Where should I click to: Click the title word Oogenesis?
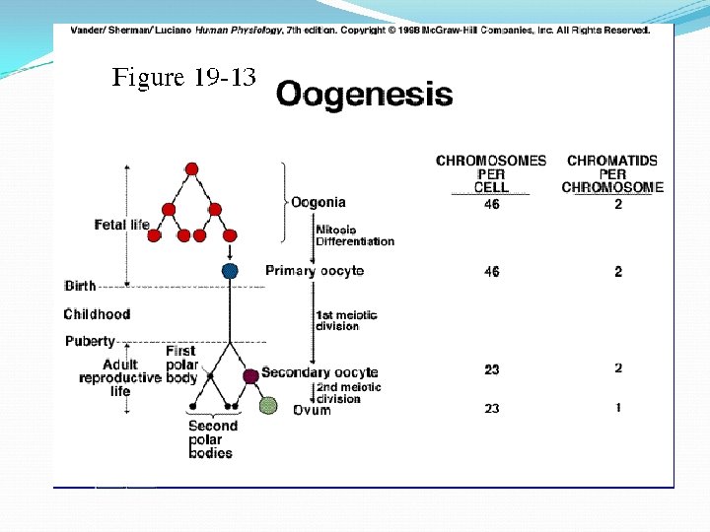(364, 96)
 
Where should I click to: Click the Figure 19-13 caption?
(183, 78)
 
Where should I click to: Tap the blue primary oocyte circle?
(230, 271)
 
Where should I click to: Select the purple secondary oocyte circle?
(250, 375)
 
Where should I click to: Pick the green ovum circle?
(268, 405)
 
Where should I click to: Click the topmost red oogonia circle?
(191, 168)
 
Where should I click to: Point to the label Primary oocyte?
(315, 271)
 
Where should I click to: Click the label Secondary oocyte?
(319, 372)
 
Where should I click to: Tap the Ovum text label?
(312, 410)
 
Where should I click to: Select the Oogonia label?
(319, 203)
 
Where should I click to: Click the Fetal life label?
(122, 225)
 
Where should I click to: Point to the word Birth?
(81, 286)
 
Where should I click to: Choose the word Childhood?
(97, 314)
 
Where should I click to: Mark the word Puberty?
(90, 342)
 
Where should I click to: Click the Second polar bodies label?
(212, 439)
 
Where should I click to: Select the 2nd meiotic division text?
(349, 393)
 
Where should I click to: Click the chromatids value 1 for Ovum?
(618, 408)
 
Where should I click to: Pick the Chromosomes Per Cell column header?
(491, 173)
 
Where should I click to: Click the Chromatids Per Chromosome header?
(612, 173)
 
